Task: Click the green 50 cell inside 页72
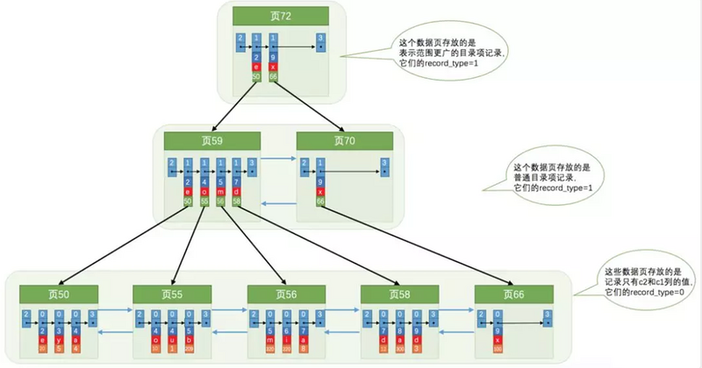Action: click(x=256, y=77)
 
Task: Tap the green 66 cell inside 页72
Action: click(x=275, y=77)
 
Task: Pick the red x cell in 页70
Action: click(x=319, y=192)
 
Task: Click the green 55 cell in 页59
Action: click(x=204, y=202)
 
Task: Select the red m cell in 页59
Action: click(x=220, y=192)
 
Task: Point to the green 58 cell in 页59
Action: click(x=237, y=202)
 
